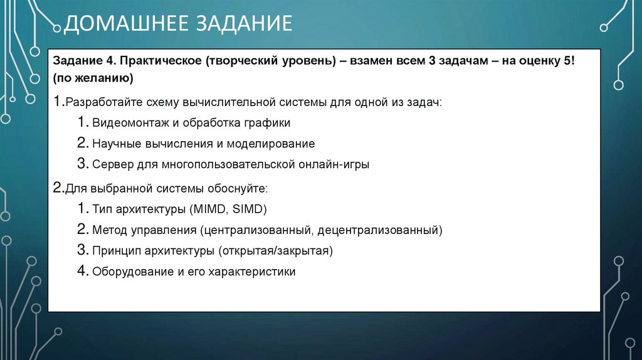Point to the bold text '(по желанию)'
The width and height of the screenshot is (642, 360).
[x=92, y=79]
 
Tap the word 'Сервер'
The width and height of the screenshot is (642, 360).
[x=112, y=165]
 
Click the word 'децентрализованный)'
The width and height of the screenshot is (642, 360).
[x=380, y=230]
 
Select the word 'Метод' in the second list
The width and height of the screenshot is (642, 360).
[x=109, y=230]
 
